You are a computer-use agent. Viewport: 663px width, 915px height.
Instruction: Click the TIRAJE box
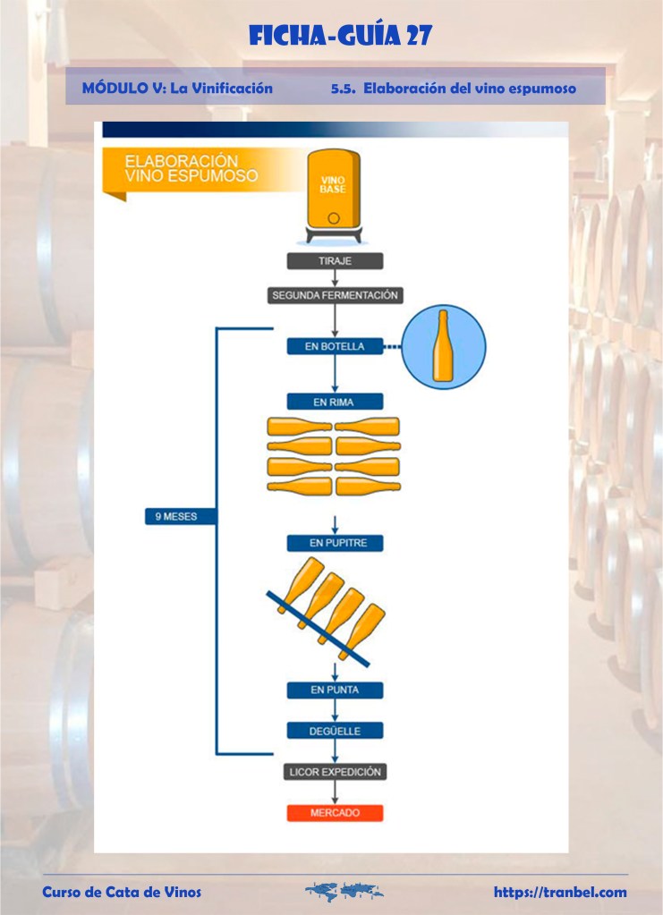click(x=335, y=261)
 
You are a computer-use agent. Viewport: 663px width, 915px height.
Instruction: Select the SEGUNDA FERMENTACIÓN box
click(x=335, y=295)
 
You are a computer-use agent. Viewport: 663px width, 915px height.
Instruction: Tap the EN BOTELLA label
click(x=335, y=346)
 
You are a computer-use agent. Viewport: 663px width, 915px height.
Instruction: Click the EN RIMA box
click(x=335, y=402)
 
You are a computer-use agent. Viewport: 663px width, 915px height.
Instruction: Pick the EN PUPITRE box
click(x=335, y=543)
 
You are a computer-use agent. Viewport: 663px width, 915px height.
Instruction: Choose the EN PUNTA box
click(x=335, y=690)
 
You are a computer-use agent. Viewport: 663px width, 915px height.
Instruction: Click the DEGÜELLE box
click(x=335, y=730)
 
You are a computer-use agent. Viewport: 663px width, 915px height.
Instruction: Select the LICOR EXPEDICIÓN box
click(x=335, y=771)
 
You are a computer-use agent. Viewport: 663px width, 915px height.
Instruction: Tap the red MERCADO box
click(x=335, y=813)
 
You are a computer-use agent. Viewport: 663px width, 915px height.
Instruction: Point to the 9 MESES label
click(x=181, y=516)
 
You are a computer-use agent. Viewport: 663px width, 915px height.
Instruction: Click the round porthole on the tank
click(x=334, y=217)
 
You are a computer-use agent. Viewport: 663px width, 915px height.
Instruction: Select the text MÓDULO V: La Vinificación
click(x=177, y=89)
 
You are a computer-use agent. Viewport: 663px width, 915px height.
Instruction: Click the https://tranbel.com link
click(x=560, y=892)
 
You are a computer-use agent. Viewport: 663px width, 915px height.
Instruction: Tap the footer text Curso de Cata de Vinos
click(x=123, y=892)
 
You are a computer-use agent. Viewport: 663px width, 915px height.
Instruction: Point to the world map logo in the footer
click(x=344, y=891)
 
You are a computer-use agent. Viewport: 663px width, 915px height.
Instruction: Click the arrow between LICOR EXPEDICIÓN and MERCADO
click(x=335, y=792)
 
